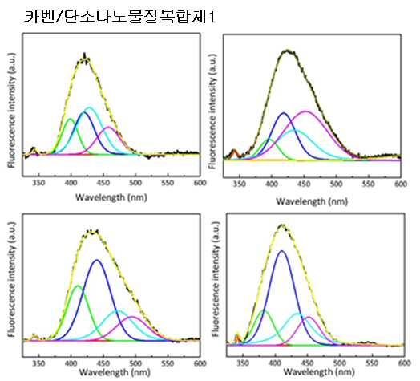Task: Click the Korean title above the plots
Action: coord(119,17)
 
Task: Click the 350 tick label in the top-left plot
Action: coord(38,183)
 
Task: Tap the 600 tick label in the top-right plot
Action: coord(401,184)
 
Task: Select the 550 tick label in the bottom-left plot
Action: coord(168,363)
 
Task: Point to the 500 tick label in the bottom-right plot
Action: coord(340,363)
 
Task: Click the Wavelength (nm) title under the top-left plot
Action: coord(111,197)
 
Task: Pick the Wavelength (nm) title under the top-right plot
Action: coord(312,201)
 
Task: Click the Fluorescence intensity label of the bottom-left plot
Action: coord(11,279)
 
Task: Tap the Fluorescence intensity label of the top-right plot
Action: coord(212,111)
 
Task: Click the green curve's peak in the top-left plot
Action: coord(71,119)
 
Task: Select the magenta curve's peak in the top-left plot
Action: coord(108,127)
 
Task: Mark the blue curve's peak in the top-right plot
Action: coord(284,113)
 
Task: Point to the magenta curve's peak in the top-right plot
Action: coord(305,111)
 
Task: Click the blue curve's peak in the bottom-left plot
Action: coord(97,260)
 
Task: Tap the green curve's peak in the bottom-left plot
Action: coord(78,286)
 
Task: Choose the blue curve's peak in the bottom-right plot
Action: coord(281,251)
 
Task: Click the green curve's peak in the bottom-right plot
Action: coord(263,310)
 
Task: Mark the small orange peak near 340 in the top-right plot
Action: coord(234,151)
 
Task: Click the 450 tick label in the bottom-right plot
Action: coord(308,363)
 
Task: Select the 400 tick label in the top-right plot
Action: coord(272,184)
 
